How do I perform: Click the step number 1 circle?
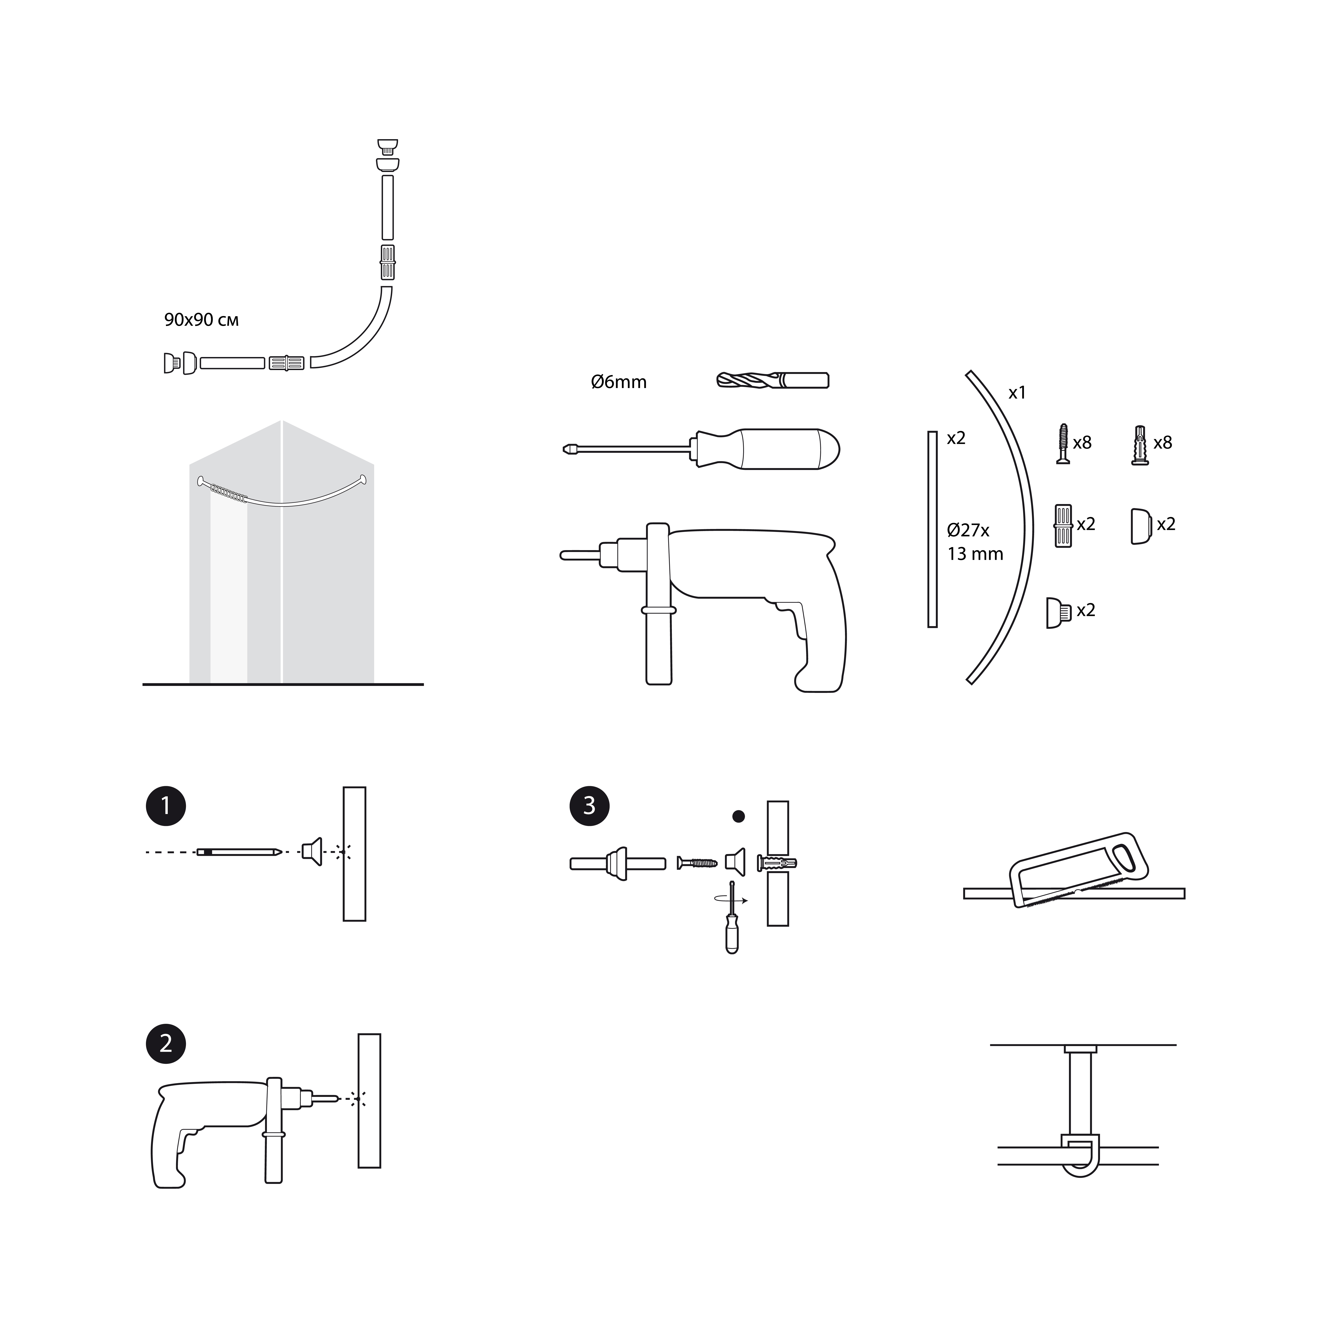[166, 805]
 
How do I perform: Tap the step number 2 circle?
[166, 1043]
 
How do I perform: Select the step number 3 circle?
[589, 805]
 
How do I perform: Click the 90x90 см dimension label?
[201, 320]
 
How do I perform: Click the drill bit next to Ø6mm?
[773, 380]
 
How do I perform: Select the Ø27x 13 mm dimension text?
[975, 542]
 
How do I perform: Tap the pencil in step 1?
[239, 852]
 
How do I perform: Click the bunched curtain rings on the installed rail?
[229, 493]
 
